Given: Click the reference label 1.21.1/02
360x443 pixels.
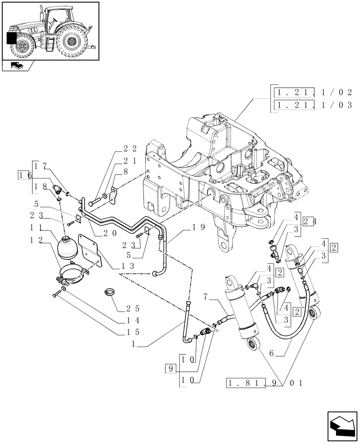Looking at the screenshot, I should (x=313, y=93).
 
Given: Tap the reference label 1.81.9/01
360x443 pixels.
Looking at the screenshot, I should (x=264, y=382).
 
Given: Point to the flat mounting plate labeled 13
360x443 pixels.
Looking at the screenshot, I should (x=91, y=250).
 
